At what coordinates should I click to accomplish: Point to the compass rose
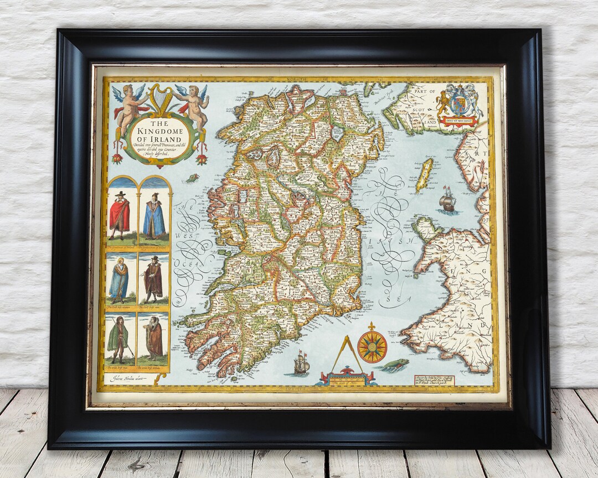[x=372, y=346]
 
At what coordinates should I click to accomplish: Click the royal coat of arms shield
[x=458, y=103]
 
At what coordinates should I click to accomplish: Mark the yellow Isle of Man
[x=424, y=174]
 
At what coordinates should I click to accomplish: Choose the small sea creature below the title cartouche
[x=192, y=178]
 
